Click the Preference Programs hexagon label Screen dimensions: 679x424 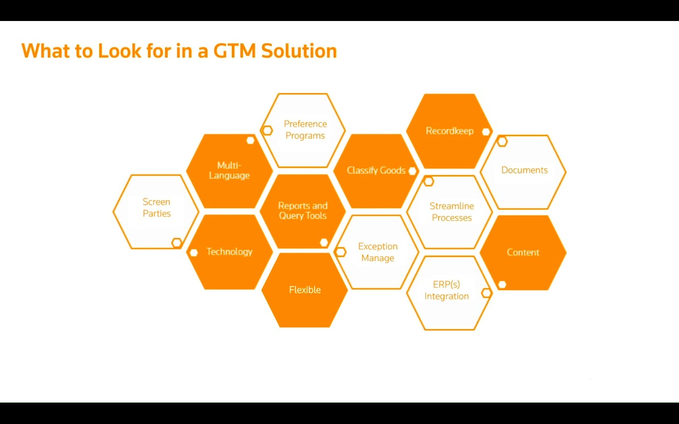tap(305, 130)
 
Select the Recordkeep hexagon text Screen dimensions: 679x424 tap(449, 131)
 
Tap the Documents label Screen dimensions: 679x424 tap(525, 170)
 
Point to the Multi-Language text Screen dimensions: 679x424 tap(229, 170)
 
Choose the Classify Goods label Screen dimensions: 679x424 tap(376, 170)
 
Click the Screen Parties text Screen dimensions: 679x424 tap(157, 208)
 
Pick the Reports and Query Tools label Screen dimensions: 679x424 tap(303, 211)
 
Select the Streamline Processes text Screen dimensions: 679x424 tap(452, 212)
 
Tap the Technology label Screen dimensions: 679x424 tap(230, 252)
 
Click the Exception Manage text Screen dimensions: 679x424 tap(377, 252)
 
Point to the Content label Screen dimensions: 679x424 tap(523, 252)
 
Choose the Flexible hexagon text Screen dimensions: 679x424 tap(305, 290)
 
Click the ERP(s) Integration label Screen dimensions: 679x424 tap(447, 290)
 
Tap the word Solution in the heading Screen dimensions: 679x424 tap(299, 50)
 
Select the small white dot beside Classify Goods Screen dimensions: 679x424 tap(412, 171)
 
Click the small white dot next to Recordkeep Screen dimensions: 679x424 tap(486, 132)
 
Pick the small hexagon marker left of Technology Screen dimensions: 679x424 tap(194, 253)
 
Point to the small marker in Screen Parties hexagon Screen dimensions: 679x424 tap(177, 243)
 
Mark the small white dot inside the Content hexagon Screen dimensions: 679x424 tap(502, 284)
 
